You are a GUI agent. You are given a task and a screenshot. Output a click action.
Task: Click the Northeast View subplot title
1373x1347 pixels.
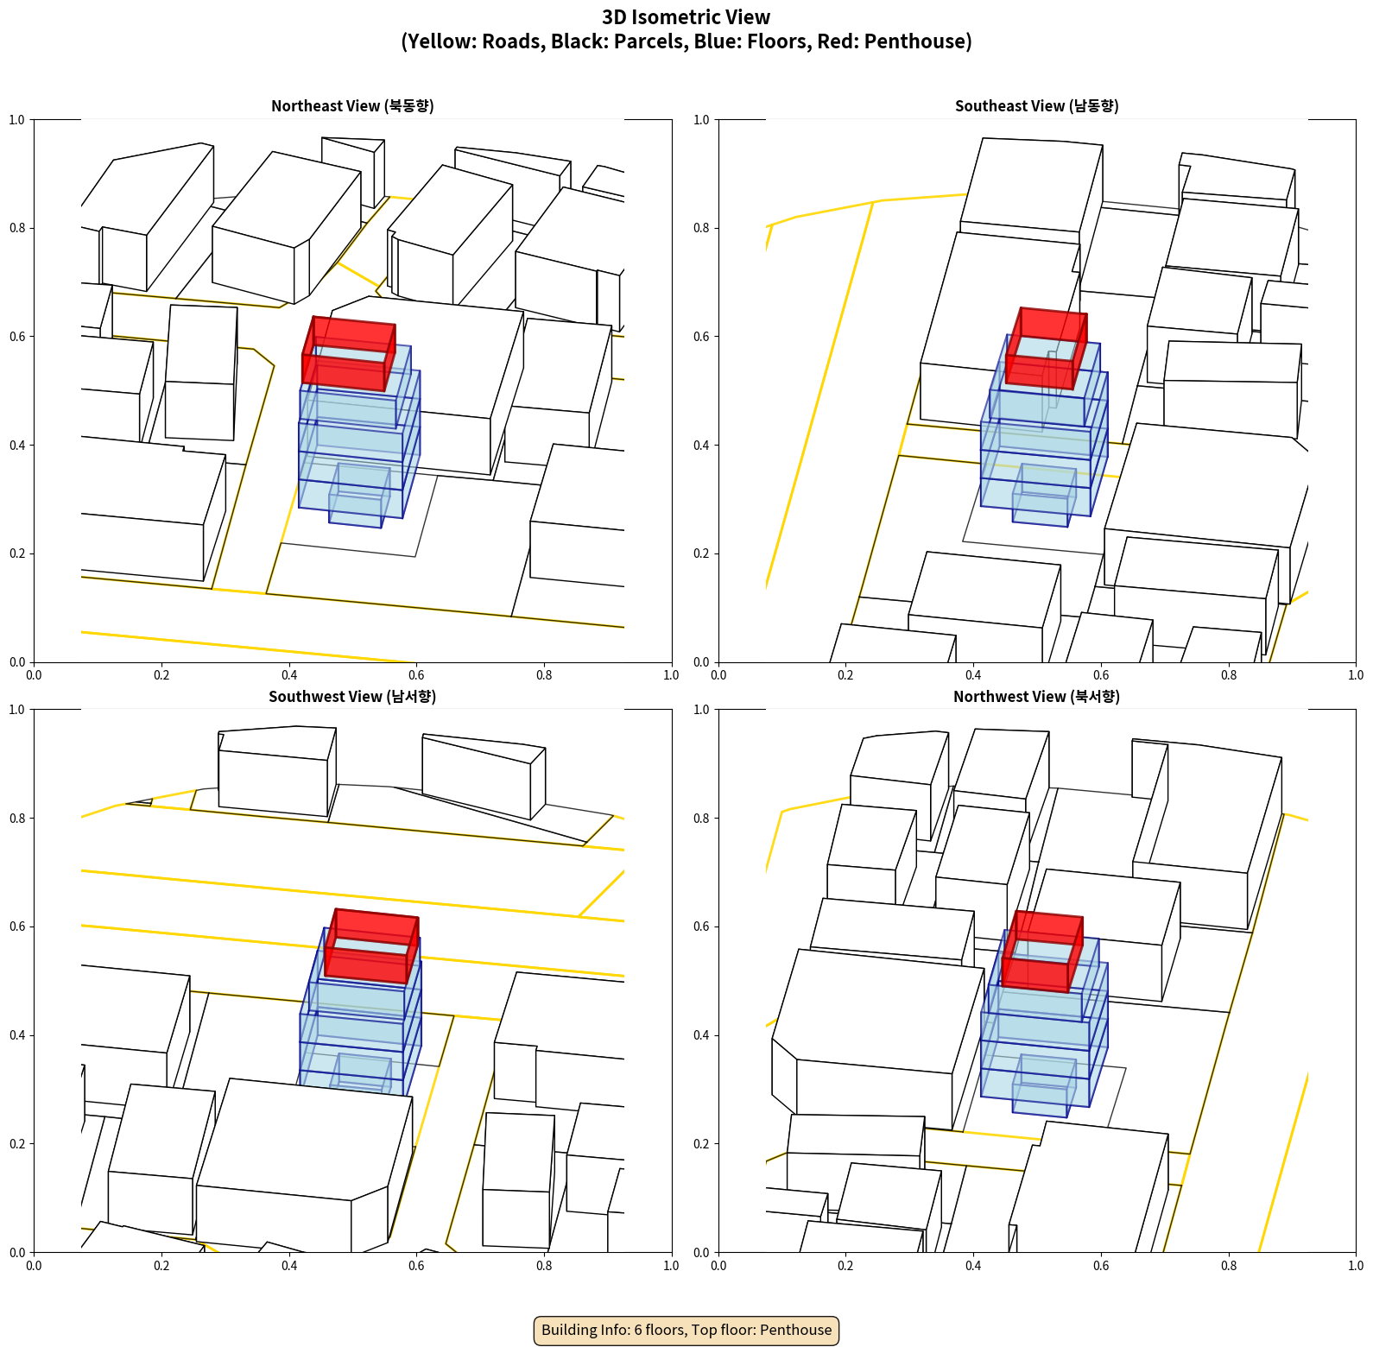click(352, 105)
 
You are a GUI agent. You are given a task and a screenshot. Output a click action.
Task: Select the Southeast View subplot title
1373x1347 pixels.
click(1036, 105)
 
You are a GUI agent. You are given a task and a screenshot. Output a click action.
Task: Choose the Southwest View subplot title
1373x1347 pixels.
click(352, 696)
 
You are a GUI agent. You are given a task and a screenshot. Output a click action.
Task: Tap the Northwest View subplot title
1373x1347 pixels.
click(1036, 696)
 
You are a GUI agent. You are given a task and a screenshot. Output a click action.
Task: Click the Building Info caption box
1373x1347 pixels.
click(686, 1330)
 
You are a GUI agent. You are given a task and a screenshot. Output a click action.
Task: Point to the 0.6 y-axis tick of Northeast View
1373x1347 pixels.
click(18, 337)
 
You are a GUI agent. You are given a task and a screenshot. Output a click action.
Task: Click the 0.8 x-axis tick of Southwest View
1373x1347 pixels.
click(544, 1266)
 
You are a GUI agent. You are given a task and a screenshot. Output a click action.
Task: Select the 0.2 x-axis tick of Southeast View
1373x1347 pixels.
click(845, 675)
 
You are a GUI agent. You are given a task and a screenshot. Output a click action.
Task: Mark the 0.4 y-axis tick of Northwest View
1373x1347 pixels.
click(702, 1035)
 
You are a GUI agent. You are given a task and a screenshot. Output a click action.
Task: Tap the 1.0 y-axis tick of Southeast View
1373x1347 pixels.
click(702, 120)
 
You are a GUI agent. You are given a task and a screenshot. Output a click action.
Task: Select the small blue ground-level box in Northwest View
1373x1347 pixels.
click(1044, 1085)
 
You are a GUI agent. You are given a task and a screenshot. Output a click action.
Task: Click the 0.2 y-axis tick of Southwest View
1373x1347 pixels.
click(18, 1144)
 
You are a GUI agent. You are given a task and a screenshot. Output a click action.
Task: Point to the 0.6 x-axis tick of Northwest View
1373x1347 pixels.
click(1101, 1266)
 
